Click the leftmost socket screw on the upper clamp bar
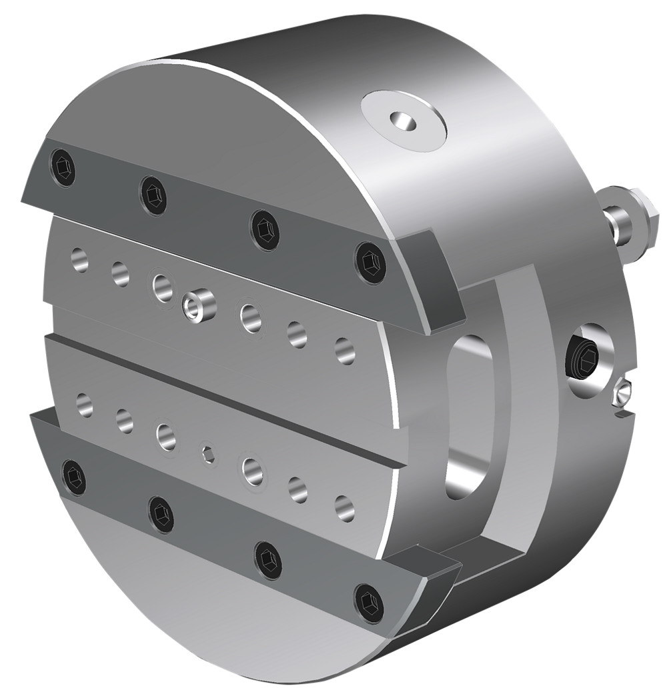[63, 167]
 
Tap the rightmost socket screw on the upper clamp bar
[370, 261]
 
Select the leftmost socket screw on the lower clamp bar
[74, 477]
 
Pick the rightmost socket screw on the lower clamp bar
[369, 602]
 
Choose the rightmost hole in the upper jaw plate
[345, 350]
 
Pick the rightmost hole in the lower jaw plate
[344, 508]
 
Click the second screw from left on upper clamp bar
[153, 195]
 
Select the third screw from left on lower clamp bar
[268, 560]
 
